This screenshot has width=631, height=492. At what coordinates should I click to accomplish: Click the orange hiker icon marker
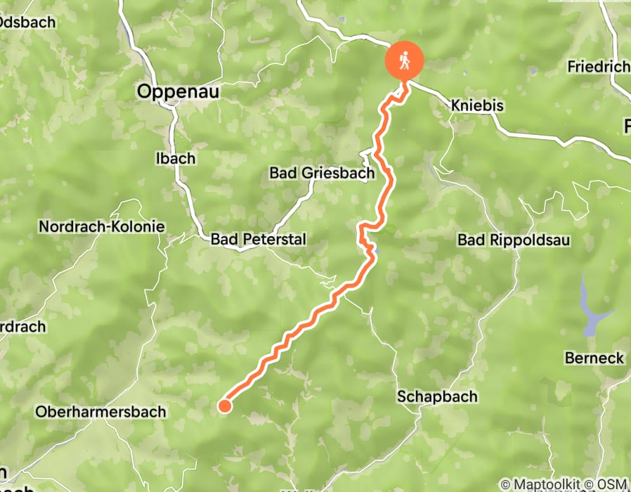click(x=405, y=60)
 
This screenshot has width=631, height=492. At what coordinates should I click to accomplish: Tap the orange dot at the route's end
click(x=225, y=406)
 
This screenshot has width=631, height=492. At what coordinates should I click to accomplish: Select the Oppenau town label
click(x=178, y=91)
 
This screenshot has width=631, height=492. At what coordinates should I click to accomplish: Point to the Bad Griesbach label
click(x=322, y=173)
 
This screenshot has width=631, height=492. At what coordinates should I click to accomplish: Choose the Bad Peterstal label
click(x=259, y=240)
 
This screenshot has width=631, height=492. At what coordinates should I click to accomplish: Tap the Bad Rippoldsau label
click(x=514, y=240)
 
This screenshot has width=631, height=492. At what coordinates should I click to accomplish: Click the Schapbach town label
click(x=437, y=396)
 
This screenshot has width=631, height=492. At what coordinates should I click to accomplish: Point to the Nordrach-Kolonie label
click(x=102, y=227)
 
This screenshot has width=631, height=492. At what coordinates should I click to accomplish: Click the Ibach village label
click(x=175, y=158)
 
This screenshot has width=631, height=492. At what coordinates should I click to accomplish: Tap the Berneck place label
click(x=594, y=358)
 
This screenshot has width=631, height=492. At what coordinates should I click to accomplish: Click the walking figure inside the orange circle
click(x=405, y=60)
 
